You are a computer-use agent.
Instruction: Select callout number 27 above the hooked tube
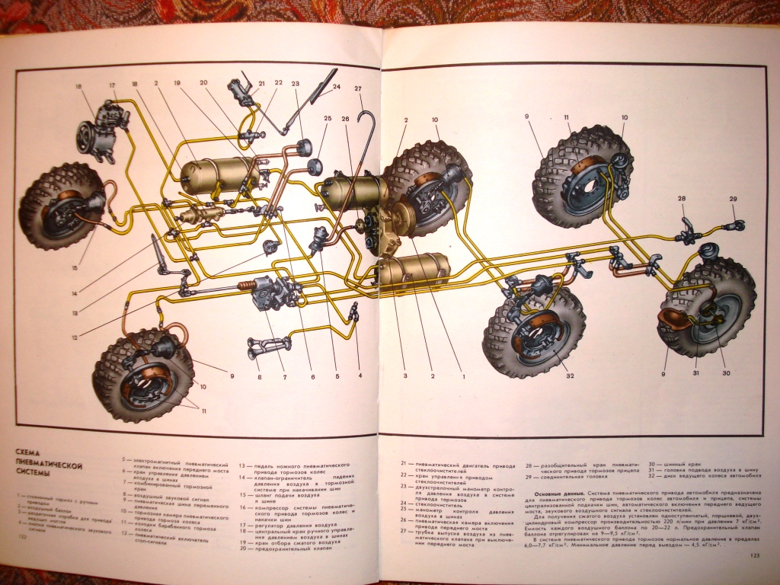pyautogui.click(x=356, y=88)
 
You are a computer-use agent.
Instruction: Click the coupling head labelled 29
pyautogui.click(x=735, y=224)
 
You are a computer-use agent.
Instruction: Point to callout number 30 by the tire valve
pyautogui.click(x=725, y=372)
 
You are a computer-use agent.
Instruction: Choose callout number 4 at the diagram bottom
pyautogui.click(x=360, y=375)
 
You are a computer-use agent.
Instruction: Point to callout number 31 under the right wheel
pyautogui.click(x=697, y=372)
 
